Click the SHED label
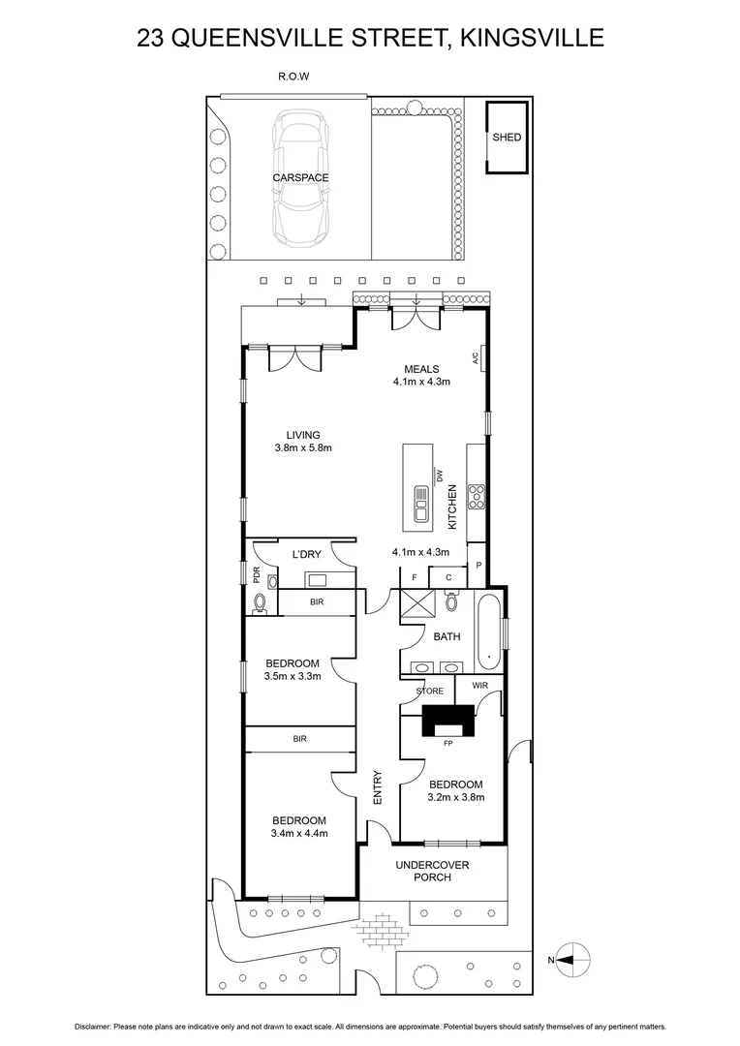click(x=507, y=138)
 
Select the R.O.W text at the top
click(x=293, y=76)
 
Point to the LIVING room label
click(x=303, y=435)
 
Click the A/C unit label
click(x=476, y=358)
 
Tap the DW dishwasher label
click(x=439, y=476)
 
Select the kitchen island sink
click(x=421, y=502)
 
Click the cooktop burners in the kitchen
click(x=477, y=497)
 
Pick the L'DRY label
click(x=306, y=554)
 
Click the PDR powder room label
click(x=257, y=573)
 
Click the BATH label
click(x=447, y=637)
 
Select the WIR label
click(x=479, y=687)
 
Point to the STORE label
click(x=429, y=691)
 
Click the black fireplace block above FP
click(x=447, y=722)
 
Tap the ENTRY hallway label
click(x=378, y=786)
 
